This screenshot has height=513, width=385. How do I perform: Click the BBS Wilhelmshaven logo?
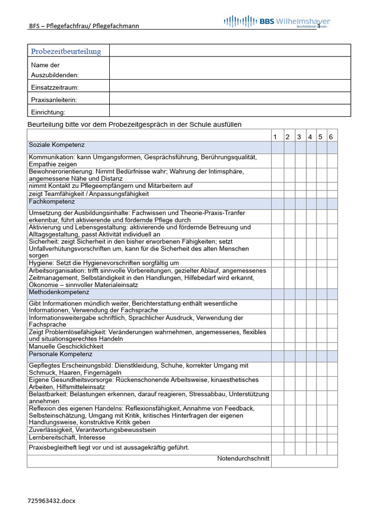point(277,22)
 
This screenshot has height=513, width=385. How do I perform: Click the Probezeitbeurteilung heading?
point(66,51)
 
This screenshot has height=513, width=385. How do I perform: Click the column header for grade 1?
point(275,137)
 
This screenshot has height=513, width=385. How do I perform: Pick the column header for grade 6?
point(331,137)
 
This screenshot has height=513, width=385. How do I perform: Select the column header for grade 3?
point(299,137)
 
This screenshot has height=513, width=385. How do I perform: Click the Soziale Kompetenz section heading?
point(57,145)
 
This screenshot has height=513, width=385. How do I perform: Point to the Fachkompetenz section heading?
point(52,202)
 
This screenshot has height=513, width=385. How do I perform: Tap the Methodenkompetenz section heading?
point(59,292)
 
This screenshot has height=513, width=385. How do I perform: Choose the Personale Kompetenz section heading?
point(61,354)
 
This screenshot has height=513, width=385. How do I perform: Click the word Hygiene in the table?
point(40,263)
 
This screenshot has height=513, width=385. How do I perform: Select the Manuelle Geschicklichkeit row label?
point(66,346)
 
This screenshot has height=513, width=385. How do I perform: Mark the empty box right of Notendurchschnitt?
point(304,461)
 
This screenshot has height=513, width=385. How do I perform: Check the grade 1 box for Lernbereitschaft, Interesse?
point(277,437)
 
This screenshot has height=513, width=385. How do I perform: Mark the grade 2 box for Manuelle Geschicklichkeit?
point(289,346)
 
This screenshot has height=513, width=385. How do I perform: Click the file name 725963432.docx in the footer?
point(52,500)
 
